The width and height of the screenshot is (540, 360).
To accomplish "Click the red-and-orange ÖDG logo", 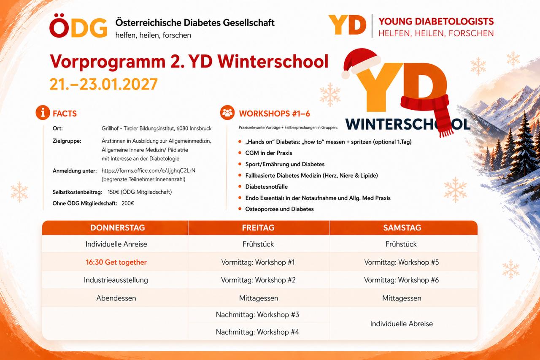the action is (78, 26).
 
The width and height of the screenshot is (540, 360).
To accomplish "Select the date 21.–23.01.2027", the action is (104, 84).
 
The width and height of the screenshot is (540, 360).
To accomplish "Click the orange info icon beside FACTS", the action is (43, 112).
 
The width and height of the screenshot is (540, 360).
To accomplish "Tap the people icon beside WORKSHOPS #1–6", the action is (227, 112).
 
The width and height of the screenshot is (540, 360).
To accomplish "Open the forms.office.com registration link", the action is (148, 171).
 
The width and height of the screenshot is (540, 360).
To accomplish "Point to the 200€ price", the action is (128, 203).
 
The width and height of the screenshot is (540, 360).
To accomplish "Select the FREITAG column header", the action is (259, 227).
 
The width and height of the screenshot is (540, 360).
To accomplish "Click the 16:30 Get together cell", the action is (116, 262).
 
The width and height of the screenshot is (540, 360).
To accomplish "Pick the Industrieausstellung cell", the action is (116, 280).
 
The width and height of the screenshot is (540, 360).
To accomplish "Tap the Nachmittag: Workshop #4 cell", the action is (257, 332).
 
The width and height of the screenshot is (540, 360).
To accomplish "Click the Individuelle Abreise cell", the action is (401, 324).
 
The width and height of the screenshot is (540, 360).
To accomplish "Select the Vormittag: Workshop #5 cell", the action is (401, 262).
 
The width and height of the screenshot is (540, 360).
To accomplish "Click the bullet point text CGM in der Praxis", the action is (269, 153).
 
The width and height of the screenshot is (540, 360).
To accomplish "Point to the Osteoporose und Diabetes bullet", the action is (279, 209).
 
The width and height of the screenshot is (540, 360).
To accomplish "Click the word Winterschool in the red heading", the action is (273, 61).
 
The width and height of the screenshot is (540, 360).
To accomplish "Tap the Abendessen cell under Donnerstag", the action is (116, 298).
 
